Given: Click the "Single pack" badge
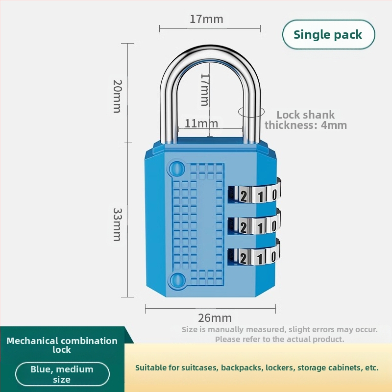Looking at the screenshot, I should click(328, 35).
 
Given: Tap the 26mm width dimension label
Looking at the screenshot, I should click(215, 318).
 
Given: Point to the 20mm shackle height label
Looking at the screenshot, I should click(117, 96).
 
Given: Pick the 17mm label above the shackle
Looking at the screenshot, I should click(206, 20).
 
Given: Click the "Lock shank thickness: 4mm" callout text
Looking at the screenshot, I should click(306, 120).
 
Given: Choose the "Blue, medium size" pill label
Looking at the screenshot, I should click(62, 374).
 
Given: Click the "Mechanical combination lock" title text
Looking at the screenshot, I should click(62, 345).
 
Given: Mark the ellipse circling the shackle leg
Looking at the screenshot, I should click(251, 112).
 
